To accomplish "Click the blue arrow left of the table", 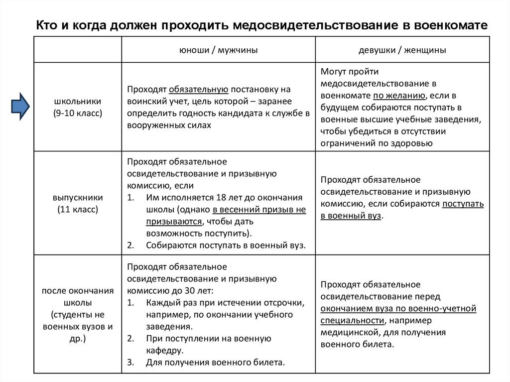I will [x=20, y=106].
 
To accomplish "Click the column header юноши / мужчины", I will [x=218, y=50].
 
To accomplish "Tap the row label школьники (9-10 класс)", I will [x=78, y=107].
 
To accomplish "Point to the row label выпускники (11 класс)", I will [x=78, y=203].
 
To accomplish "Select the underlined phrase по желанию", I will [x=399, y=96].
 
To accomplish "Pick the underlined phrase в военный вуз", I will [x=351, y=216].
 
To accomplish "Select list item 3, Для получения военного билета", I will [x=215, y=362].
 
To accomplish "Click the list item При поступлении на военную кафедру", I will [x=209, y=344].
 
